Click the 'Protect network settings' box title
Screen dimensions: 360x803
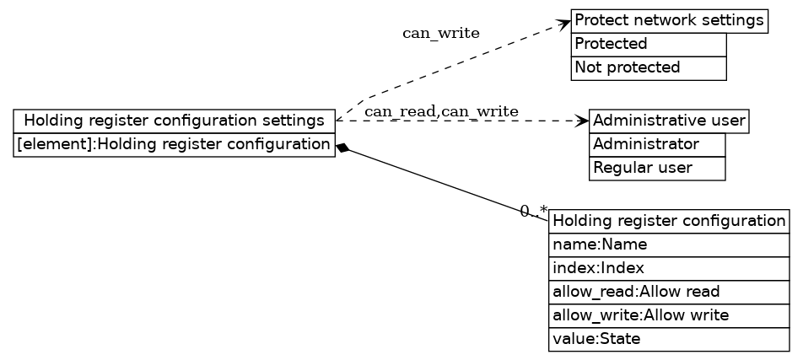pos(669,20)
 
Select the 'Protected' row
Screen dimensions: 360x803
pos(648,44)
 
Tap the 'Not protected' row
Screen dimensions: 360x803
pos(648,67)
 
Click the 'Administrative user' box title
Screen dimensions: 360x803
pos(669,121)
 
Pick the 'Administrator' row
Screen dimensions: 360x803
pos(656,144)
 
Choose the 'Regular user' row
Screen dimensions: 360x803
pos(656,168)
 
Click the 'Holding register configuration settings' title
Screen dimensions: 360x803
pos(174,121)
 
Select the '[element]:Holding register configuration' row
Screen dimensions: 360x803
pos(174,145)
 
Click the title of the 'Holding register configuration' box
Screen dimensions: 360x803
pos(669,221)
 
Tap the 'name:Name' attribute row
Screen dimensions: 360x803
pos(669,244)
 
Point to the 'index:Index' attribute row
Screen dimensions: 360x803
pos(669,268)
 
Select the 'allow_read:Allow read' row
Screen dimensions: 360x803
pos(669,292)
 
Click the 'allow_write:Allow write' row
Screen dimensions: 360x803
pos(669,315)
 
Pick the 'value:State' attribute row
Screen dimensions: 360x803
pos(669,340)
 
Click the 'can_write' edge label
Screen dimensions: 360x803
pos(440,34)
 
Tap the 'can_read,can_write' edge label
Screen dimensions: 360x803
pos(441,111)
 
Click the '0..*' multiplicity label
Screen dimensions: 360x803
pos(533,212)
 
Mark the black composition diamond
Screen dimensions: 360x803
pos(342,148)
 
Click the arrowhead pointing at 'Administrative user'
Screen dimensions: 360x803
pos(582,121)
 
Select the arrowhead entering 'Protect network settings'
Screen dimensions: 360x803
pos(564,23)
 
